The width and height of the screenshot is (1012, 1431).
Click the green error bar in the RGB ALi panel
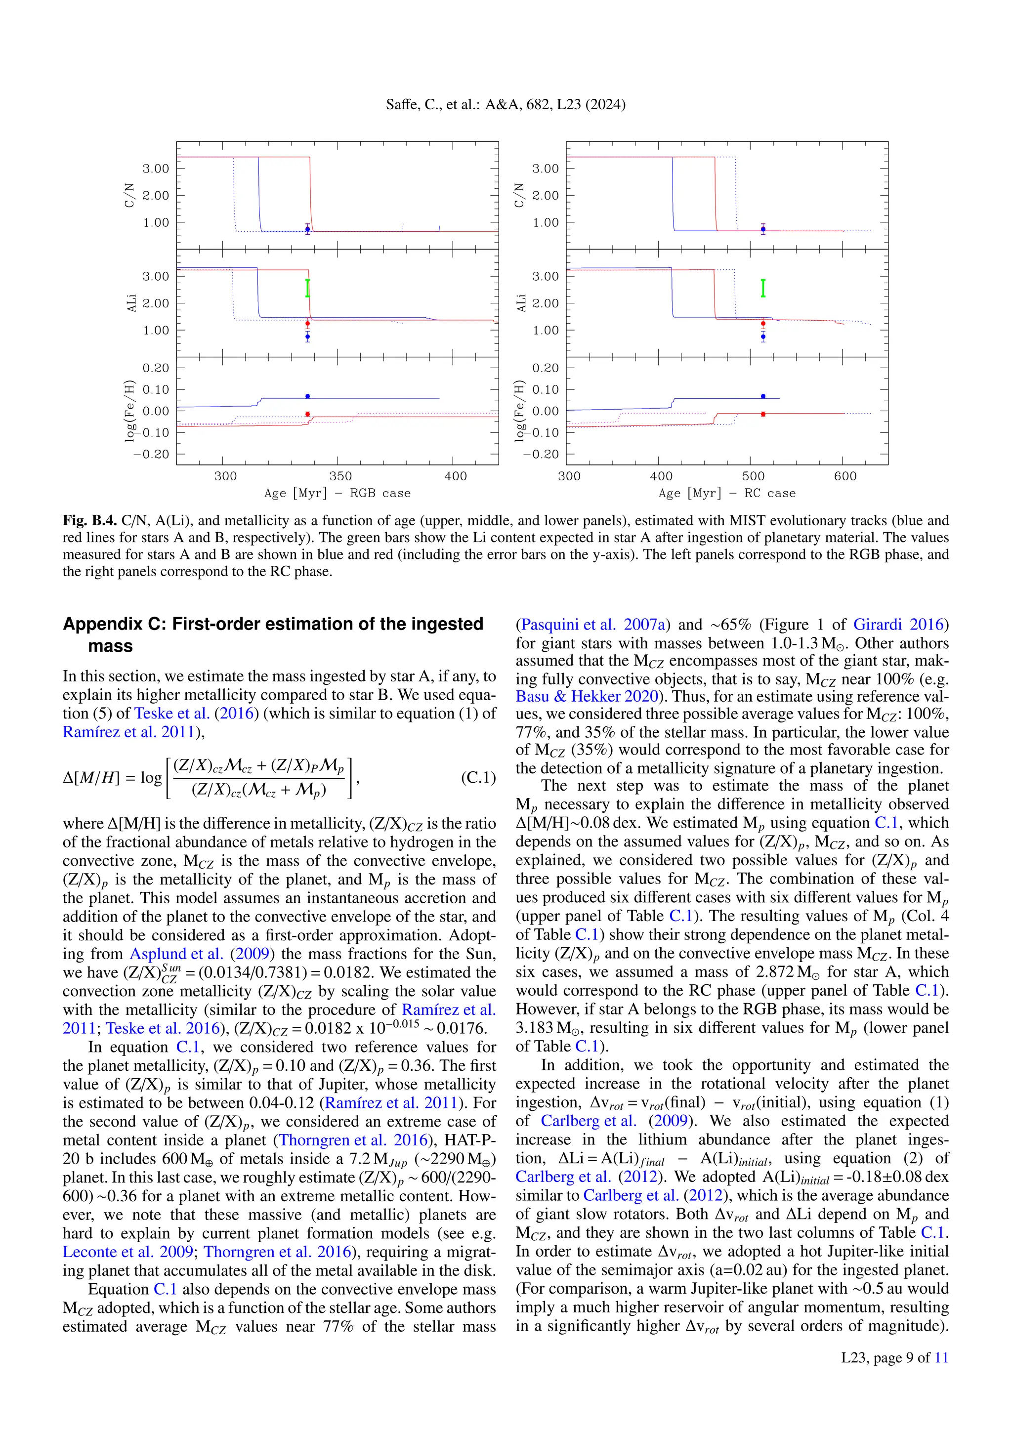point(307,288)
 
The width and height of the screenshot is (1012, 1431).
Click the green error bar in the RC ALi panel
point(763,288)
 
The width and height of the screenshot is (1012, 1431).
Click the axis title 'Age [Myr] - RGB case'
point(337,493)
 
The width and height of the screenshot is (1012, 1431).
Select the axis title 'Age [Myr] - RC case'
point(726,493)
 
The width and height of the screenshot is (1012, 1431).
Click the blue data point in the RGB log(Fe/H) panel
point(307,396)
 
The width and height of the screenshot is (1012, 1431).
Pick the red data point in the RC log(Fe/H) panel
point(763,414)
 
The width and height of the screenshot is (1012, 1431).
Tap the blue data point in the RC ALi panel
point(763,337)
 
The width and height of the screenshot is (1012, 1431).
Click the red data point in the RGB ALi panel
point(307,324)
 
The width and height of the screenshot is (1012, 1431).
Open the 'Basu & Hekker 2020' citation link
point(587,696)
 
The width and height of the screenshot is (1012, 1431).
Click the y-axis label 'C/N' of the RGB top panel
point(129,195)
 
